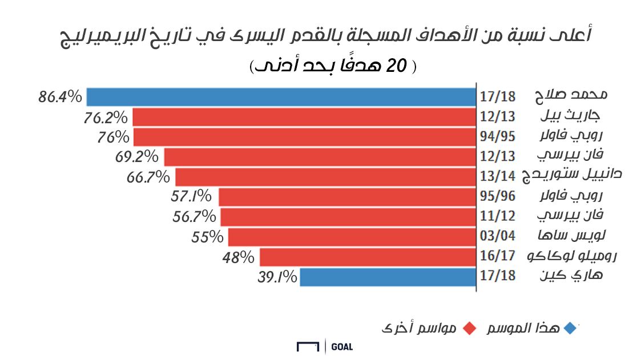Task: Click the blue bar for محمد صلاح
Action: pos(281,97)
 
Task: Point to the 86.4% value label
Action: pos(61,97)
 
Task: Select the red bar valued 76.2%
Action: pos(304,117)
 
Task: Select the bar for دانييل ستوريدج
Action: pos(325,176)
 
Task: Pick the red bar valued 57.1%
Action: pos(347,197)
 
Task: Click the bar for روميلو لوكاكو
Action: pos(368,257)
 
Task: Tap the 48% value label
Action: pos(238,257)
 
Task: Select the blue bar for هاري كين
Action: pos(388,277)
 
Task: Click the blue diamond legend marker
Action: pos(569,329)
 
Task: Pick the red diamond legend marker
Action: pos(470,329)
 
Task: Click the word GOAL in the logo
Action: pos(341,346)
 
